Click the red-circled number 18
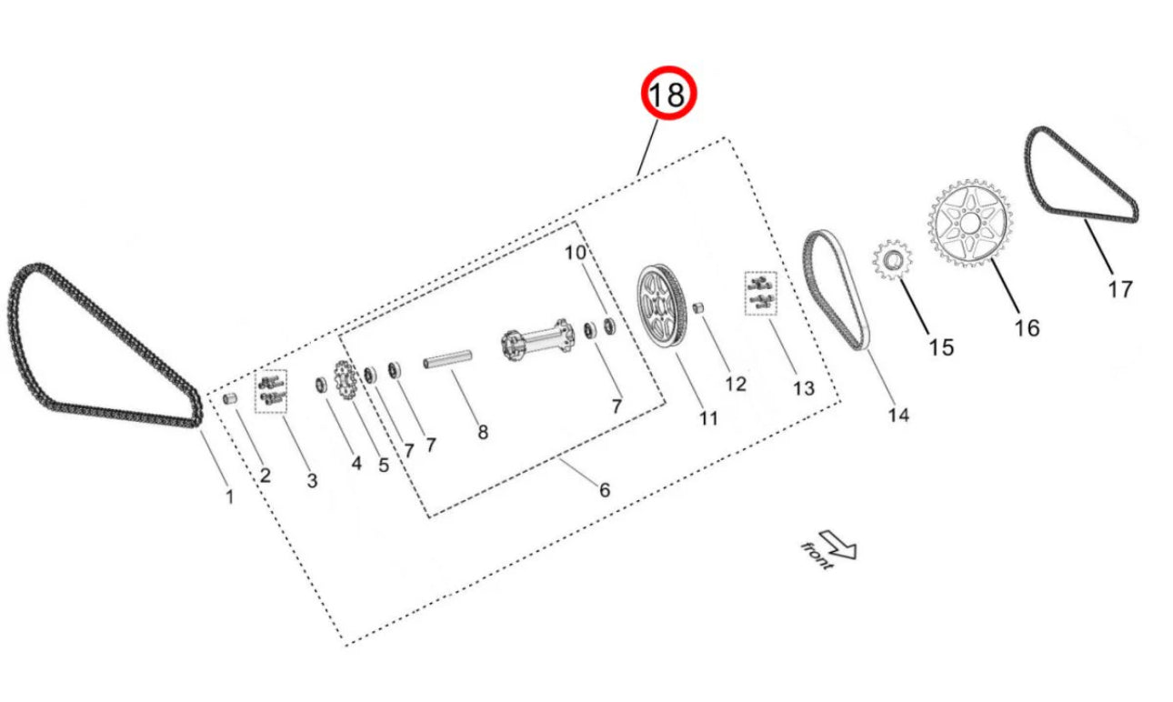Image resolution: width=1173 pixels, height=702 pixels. point(668,95)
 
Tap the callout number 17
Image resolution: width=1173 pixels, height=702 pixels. point(1119,289)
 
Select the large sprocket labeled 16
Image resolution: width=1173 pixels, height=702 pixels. point(970,223)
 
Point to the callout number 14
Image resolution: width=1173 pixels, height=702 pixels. point(897,415)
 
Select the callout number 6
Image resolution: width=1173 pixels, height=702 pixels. point(604,490)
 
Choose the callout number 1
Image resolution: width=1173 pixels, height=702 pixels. point(229,496)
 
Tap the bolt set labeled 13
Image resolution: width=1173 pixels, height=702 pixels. point(759,294)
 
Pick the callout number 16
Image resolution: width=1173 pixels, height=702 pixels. point(1027,327)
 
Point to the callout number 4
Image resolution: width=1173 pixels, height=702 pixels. point(356,463)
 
